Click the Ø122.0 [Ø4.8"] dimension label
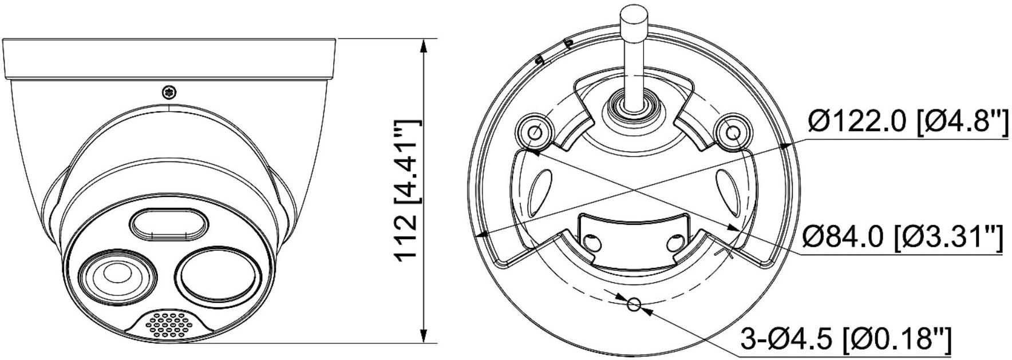[x=907, y=122]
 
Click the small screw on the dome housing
[x=169, y=92]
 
